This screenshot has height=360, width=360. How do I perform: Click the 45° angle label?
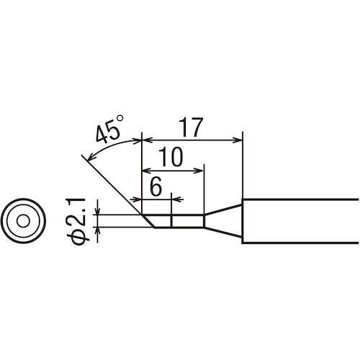[x=110, y=130]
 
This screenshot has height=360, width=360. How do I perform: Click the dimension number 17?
[x=192, y=127]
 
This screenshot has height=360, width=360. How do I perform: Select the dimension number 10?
[x=171, y=157]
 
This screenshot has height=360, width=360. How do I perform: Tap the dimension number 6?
[x=156, y=186]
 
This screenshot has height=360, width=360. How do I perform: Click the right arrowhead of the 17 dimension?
[x=238, y=140]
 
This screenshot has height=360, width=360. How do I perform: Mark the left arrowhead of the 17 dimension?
[x=148, y=140]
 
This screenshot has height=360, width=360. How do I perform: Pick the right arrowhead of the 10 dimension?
[x=199, y=171]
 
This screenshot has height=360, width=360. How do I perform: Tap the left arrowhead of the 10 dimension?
[x=148, y=171]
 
